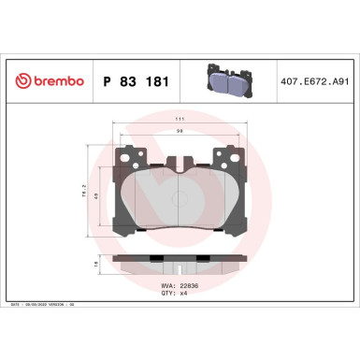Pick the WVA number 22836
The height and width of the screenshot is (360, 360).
pyautogui.click(x=190, y=285)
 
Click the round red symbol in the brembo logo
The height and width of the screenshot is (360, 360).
pyautogui.click(x=22, y=82)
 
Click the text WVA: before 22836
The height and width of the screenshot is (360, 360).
pyautogui.click(x=169, y=285)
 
